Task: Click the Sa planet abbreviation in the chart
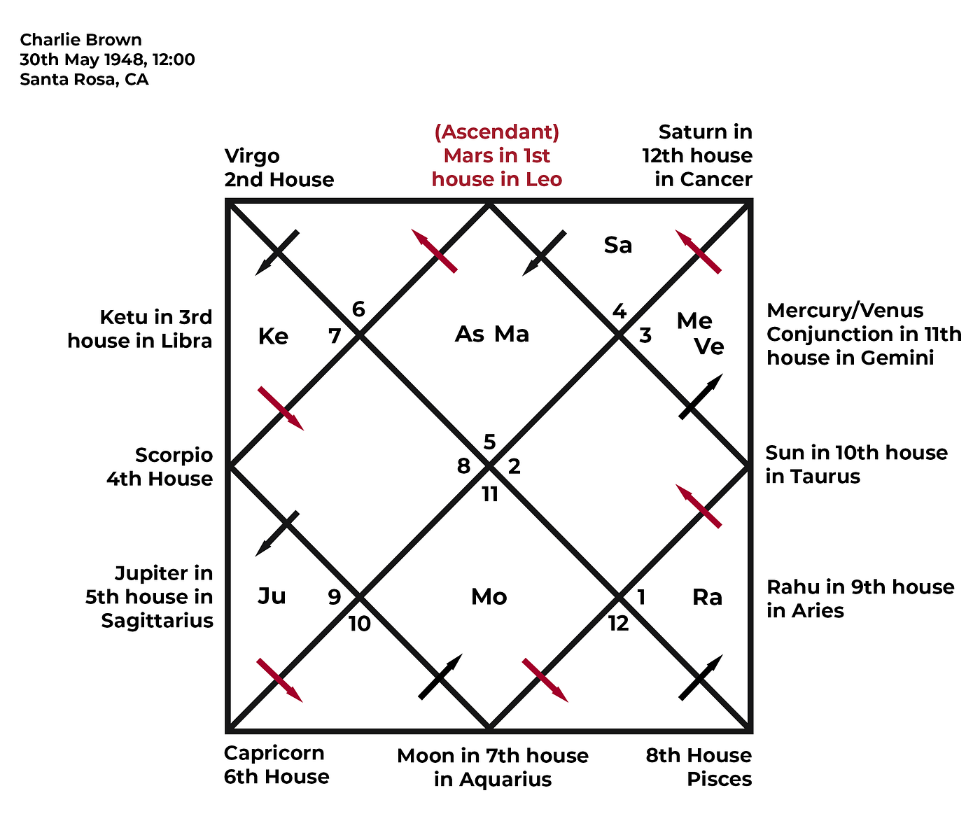tap(618, 245)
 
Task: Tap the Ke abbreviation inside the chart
tap(273, 337)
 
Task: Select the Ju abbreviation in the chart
tap(272, 596)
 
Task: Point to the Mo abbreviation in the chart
tap(489, 596)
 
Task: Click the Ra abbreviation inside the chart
tap(708, 597)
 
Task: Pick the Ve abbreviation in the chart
tap(709, 346)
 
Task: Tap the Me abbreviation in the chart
tap(694, 321)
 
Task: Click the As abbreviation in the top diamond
tap(470, 335)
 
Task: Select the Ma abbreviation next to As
tap(512, 335)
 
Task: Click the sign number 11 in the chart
tap(490, 495)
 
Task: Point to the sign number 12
tap(619, 624)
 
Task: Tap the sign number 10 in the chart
tap(359, 624)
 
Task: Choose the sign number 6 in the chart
tap(358, 309)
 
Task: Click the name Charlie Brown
tap(80, 39)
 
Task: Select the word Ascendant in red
tap(497, 132)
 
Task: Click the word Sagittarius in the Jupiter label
tap(157, 621)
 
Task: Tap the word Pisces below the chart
tap(719, 779)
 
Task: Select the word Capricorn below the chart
tap(274, 753)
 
